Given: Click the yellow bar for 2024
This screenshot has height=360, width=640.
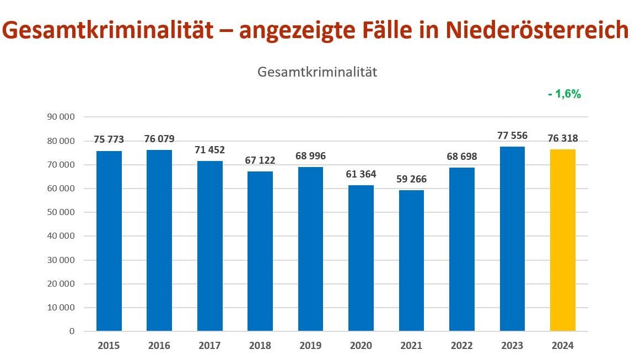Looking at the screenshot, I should pos(562,240).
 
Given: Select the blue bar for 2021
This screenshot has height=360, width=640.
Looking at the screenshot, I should pos(411,261).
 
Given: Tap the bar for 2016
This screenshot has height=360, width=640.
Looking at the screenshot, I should pos(159,240).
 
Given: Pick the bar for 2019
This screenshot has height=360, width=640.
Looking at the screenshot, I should pos(311,249).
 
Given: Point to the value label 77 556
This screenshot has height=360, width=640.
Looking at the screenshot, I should pos(512,136).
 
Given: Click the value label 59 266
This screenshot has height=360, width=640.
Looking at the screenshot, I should pos(411,179).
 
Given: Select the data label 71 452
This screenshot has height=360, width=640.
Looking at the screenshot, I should pos(209,150).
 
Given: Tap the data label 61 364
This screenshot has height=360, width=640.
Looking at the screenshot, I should pos(361,174).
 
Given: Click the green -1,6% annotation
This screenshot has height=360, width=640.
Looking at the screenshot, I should pos(564,94).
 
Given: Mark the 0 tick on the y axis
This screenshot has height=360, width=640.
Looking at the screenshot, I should pos(72,331).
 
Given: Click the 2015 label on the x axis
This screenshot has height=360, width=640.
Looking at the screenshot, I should pos(109,346).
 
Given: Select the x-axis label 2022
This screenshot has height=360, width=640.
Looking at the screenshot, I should pos(462,346).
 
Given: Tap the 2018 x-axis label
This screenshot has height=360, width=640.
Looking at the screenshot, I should pos(260,346).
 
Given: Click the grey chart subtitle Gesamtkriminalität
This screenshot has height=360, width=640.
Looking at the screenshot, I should pos(318,72).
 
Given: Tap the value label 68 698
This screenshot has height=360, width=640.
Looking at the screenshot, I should pos(462,157).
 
